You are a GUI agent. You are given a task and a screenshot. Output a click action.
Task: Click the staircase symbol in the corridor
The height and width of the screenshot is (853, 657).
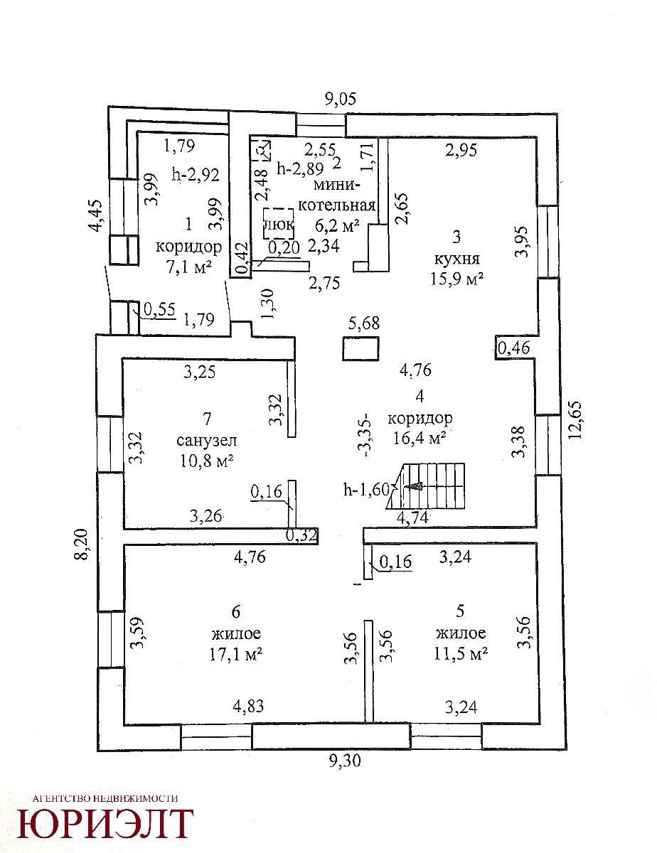426,487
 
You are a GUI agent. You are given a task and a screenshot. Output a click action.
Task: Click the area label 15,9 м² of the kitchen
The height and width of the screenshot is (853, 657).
457,279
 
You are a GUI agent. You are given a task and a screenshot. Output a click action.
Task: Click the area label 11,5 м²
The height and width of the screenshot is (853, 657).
461,653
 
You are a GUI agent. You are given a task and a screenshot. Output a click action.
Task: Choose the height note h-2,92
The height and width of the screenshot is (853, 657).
196,173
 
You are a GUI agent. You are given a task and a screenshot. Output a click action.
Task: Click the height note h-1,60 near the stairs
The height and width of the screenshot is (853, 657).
367,488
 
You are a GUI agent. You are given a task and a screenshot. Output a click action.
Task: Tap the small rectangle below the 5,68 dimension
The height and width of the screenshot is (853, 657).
361,349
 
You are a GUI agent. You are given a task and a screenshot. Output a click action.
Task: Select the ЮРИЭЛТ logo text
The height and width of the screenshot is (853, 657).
105,823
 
